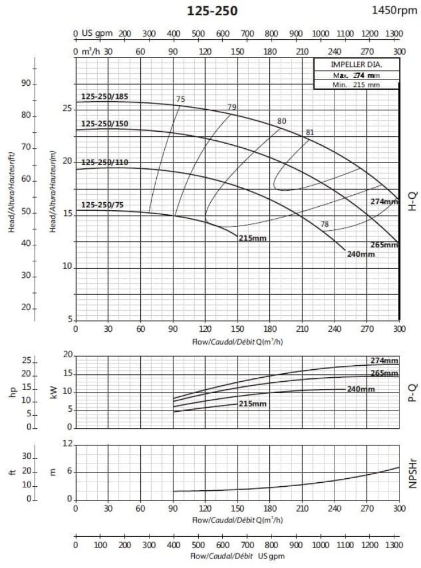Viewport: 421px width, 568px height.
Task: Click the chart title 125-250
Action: coord(212,11)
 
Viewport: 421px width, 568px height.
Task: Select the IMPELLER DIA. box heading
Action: coord(356,65)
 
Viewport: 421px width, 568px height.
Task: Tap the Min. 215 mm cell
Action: coord(356,85)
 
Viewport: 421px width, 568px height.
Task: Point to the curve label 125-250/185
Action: coord(105,96)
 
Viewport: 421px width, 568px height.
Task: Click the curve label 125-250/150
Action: coord(105,123)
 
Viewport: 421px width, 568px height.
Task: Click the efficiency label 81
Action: coord(310,132)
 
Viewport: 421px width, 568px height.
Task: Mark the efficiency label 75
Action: coord(181,99)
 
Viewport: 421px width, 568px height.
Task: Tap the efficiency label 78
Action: coord(324,224)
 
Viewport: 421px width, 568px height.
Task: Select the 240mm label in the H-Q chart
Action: coord(361,254)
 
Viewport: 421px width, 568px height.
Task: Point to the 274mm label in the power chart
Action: coord(385,361)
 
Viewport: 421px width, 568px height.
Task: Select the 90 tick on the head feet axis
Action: coord(26,84)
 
